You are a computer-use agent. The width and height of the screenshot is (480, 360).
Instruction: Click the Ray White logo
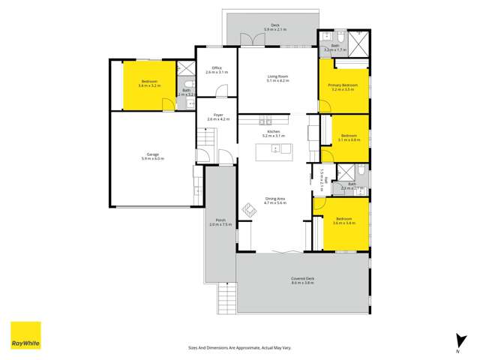click(25, 335)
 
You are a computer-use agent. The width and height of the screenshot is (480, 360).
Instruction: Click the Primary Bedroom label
click(342, 85)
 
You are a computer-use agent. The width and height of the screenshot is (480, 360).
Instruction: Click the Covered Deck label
click(303, 279)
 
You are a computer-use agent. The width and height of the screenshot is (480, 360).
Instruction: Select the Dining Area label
click(276, 199)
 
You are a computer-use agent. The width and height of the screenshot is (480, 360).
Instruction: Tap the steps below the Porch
click(226, 300)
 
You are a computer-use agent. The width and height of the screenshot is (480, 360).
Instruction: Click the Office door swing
click(222, 91)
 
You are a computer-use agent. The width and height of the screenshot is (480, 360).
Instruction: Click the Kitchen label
click(274, 131)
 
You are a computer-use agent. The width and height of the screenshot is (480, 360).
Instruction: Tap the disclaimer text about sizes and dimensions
click(239, 347)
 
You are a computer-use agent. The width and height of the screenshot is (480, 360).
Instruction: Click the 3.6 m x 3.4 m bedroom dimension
click(346, 223)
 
